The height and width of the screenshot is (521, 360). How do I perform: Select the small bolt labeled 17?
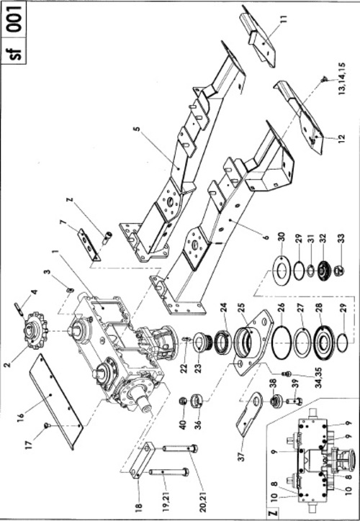pyautogui.click(x=48, y=425)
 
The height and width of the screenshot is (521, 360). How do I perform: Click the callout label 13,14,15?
pyautogui.click(x=342, y=78)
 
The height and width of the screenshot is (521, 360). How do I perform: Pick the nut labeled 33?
pyautogui.click(x=340, y=271)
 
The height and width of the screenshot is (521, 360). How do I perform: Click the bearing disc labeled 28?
pyautogui.click(x=323, y=343)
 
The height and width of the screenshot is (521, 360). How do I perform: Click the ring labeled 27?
pyautogui.click(x=302, y=343)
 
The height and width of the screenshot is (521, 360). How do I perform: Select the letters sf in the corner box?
pyautogui.click(x=16, y=52)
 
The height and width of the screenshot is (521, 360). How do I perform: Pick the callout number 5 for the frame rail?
pyautogui.click(x=137, y=129)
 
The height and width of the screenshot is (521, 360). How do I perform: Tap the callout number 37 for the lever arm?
pyautogui.click(x=243, y=455)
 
